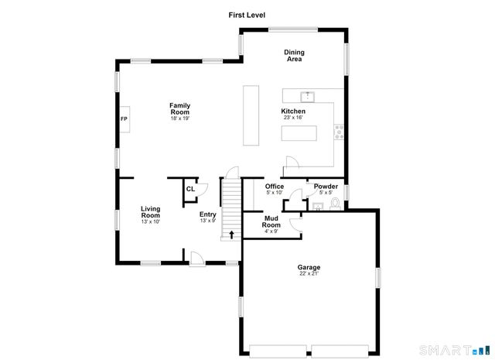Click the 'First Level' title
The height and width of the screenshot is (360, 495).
(x=247, y=15)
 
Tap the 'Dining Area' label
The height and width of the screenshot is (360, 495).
(x=294, y=56)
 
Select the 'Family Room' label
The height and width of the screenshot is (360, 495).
(x=180, y=109)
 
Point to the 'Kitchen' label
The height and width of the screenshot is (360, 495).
(x=293, y=111)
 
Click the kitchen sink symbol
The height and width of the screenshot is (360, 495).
(x=308, y=96)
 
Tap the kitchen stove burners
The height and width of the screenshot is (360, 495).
(x=338, y=132)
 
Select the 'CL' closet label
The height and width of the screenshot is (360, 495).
(x=190, y=188)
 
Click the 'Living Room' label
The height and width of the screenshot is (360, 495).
(x=150, y=211)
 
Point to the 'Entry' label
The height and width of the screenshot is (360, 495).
(x=207, y=214)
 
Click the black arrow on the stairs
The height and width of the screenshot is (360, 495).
(x=230, y=232)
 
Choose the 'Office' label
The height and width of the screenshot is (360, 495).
(x=275, y=187)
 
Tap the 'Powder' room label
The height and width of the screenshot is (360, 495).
(x=326, y=187)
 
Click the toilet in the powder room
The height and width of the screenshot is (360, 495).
(x=335, y=204)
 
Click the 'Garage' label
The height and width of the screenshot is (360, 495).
(x=309, y=267)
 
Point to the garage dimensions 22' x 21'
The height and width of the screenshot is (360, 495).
(x=309, y=273)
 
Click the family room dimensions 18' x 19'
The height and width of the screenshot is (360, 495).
(x=180, y=118)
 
